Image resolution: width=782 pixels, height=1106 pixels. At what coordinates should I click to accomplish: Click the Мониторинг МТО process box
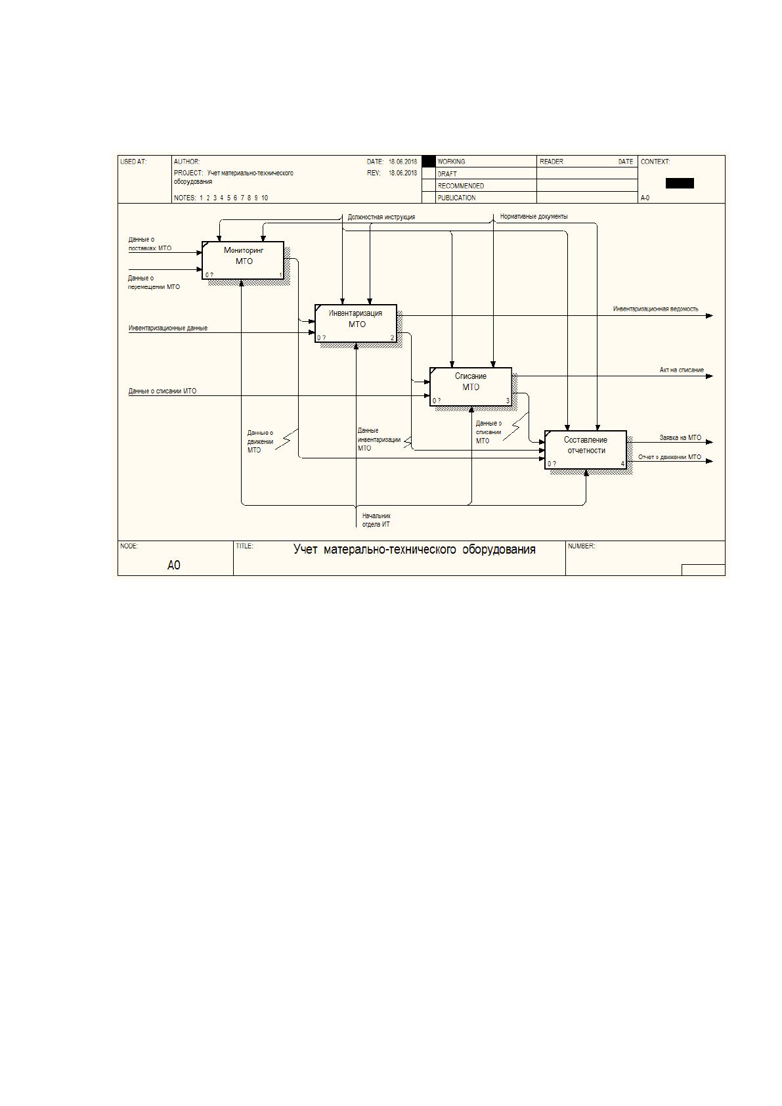click(x=243, y=260)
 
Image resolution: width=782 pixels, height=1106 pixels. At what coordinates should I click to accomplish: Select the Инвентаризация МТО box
click(x=356, y=323)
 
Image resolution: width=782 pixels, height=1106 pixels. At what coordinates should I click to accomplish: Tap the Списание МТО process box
click(x=471, y=387)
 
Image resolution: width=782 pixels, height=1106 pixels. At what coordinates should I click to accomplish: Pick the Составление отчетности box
click(x=586, y=450)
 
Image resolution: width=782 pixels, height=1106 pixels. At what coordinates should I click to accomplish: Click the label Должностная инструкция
click(x=381, y=217)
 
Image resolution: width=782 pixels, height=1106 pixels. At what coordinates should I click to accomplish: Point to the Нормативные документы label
click(x=534, y=216)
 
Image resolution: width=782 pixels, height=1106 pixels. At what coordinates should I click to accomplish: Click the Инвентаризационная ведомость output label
click(x=656, y=309)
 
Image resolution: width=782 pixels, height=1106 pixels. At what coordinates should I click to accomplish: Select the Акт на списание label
click(x=682, y=370)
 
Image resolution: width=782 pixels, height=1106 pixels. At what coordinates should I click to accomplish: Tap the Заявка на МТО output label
click(x=680, y=437)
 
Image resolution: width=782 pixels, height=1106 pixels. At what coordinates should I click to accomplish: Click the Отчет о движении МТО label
click(x=670, y=457)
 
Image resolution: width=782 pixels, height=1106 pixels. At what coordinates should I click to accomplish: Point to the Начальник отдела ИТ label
click(x=376, y=520)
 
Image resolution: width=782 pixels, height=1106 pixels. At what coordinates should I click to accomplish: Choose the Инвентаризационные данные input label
click(x=168, y=328)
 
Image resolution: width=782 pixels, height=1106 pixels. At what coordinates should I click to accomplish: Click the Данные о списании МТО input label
click(x=162, y=391)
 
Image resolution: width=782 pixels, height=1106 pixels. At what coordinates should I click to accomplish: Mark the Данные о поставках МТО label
click(x=150, y=244)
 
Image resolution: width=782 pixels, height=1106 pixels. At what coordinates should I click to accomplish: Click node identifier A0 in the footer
click(x=174, y=565)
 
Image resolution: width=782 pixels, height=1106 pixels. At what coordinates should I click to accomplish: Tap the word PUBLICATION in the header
click(x=457, y=198)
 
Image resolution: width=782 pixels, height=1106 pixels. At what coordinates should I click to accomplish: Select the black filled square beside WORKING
click(x=429, y=162)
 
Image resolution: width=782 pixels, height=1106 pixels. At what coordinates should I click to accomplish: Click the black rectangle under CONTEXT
click(x=680, y=184)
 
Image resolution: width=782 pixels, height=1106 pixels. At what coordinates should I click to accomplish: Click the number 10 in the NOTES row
click(x=265, y=198)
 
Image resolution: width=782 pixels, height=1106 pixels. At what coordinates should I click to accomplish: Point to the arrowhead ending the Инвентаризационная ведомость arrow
click(x=710, y=316)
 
